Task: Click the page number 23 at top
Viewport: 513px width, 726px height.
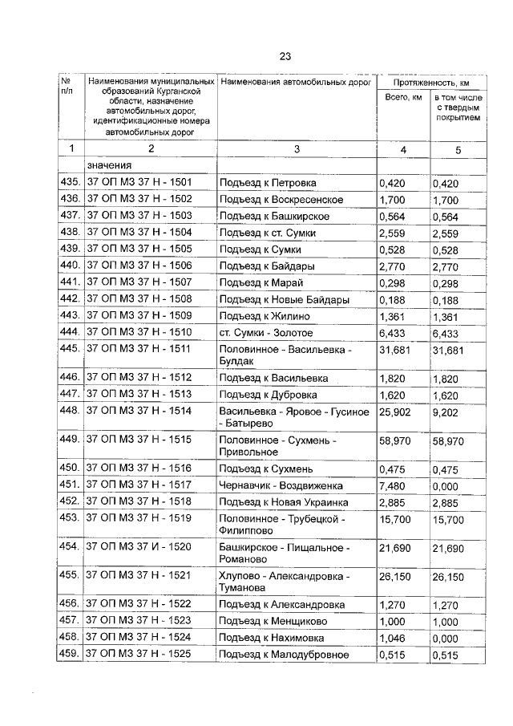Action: [x=285, y=55]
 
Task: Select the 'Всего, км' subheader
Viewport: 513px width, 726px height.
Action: [x=403, y=99]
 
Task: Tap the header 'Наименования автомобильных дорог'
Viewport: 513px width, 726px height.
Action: [x=296, y=83]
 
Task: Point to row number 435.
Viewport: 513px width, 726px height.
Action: [x=70, y=183]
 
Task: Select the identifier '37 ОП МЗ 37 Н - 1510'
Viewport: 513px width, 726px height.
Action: [x=139, y=333]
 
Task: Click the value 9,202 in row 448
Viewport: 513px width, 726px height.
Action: [x=446, y=412]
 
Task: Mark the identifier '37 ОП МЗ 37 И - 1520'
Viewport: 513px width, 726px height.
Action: [x=139, y=547]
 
